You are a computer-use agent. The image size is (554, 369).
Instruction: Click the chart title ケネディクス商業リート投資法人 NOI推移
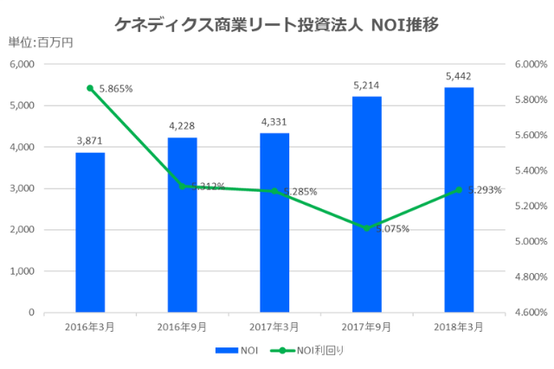(x=276, y=24)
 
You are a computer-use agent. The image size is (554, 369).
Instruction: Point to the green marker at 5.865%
(x=90, y=88)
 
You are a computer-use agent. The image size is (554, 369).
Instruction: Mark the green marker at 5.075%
(x=367, y=228)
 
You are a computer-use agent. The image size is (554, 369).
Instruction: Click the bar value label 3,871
(x=90, y=140)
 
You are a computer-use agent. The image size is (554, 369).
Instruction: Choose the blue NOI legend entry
(x=238, y=351)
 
